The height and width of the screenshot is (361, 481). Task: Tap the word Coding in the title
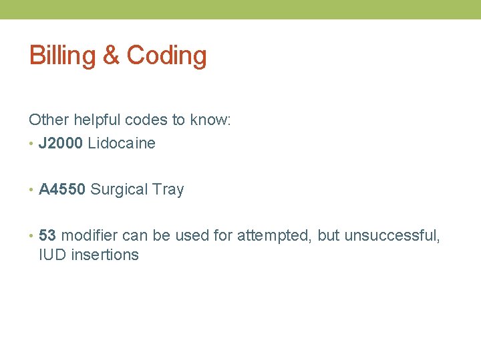click(166, 56)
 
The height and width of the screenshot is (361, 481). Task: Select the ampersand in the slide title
click(110, 56)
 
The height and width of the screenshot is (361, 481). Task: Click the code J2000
click(61, 143)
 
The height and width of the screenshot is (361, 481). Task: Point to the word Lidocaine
click(122, 143)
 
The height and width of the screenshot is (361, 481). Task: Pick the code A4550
click(62, 189)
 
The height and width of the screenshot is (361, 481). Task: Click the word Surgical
click(119, 190)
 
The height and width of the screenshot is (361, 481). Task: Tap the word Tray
click(168, 190)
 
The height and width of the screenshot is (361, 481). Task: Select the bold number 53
click(47, 235)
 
